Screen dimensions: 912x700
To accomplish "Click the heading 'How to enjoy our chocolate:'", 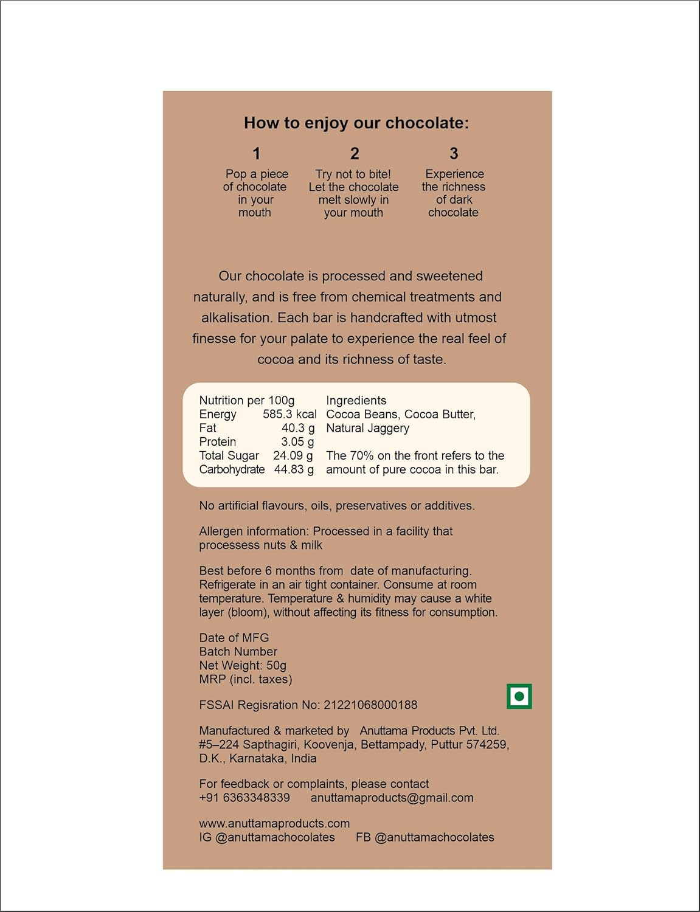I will [x=356, y=123].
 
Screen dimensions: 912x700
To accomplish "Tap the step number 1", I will [x=257, y=154].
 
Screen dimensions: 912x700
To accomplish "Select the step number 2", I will [x=355, y=154].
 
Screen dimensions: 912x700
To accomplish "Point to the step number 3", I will [x=454, y=154].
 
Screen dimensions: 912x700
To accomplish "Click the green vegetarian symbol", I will [x=519, y=697].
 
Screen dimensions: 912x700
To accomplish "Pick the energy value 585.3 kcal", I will [x=289, y=415].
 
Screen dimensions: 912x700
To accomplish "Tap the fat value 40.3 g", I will [x=298, y=428].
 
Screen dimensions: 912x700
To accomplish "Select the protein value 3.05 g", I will [x=297, y=442].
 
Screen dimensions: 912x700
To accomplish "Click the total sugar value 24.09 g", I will [x=293, y=456].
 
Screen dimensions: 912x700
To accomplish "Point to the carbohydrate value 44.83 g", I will [x=294, y=470].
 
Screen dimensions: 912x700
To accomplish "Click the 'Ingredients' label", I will [x=356, y=401].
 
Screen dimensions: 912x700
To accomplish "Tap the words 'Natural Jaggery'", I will [x=367, y=428].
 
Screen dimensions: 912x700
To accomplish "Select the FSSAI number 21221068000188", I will [x=370, y=705].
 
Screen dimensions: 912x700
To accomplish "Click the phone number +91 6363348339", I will [x=244, y=798].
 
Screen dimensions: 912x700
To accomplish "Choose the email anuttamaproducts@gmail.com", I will [x=392, y=798].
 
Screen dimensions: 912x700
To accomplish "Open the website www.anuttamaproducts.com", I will [x=274, y=823].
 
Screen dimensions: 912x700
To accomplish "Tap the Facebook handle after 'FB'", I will [x=434, y=837].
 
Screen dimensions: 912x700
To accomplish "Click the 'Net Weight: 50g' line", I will [x=243, y=666].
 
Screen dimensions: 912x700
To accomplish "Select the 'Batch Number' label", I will [x=238, y=652].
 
